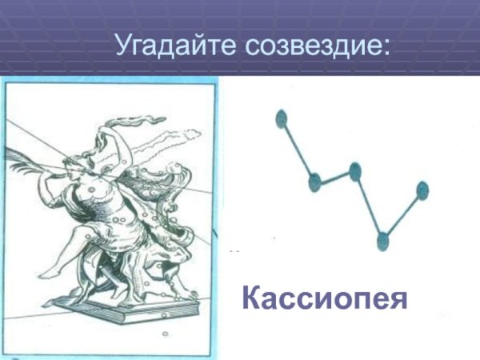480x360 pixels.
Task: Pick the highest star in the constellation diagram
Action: pos(281,120)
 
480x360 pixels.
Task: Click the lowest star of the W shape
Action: pos(382,238)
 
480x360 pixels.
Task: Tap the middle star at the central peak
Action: pos(355,170)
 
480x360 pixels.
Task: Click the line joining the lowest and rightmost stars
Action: pos(402,214)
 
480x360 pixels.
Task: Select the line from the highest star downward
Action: pos(298,150)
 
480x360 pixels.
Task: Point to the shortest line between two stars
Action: pos(334,176)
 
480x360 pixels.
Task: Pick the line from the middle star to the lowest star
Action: pos(369,204)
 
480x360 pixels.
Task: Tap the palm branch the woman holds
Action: pos(32,152)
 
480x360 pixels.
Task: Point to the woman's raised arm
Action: pos(112,140)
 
